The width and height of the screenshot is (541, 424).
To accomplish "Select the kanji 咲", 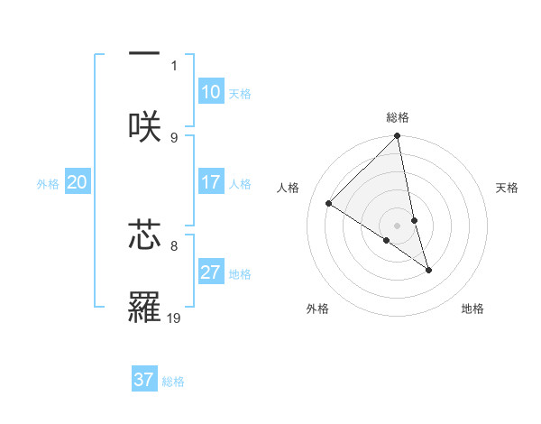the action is click(144, 126).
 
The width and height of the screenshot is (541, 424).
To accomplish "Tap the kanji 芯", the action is click(144, 235).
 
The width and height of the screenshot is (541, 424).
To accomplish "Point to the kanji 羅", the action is click(144, 308).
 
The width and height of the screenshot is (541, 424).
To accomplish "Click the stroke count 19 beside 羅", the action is click(174, 318).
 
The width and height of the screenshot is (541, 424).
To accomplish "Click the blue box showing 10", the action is click(211, 92).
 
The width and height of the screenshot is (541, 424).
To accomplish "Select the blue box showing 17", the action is click(211, 182).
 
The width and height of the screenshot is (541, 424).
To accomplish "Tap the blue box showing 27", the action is click(211, 272).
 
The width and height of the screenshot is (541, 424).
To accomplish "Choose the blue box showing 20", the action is click(78, 182).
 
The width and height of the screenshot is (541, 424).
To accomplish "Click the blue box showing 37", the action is click(144, 380).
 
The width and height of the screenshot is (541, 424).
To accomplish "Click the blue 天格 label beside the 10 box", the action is click(240, 93).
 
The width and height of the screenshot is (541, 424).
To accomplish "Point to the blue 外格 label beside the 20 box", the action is click(48, 183).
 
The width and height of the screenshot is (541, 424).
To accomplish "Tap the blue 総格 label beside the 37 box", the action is click(173, 381).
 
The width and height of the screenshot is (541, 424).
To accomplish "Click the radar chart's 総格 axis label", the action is click(398, 117).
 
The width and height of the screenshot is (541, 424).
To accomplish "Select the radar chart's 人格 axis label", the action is click(289, 188).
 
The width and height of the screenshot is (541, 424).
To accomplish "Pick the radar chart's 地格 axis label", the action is click(472, 309).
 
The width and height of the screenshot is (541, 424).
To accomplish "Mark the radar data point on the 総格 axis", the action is click(398, 137).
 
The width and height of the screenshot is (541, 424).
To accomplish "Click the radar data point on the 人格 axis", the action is click(329, 204).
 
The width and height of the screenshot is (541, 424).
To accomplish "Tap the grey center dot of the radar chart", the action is click(398, 226).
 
